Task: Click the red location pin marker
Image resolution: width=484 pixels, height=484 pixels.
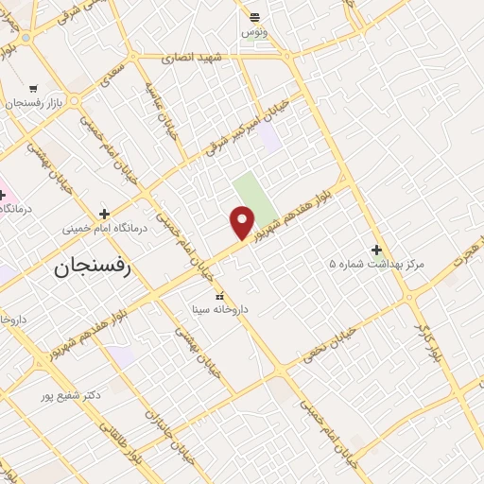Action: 243,223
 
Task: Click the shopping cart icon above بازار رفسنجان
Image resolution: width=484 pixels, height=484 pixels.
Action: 34,88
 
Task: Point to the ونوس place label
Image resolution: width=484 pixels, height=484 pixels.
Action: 254,31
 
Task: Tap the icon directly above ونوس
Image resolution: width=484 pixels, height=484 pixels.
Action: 254,16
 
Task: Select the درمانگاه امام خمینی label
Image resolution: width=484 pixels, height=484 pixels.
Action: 103,229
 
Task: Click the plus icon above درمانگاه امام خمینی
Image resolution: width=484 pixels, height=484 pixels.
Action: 104,214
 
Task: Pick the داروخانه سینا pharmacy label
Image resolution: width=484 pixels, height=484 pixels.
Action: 219,309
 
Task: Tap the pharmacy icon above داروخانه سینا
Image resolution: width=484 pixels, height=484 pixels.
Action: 220,296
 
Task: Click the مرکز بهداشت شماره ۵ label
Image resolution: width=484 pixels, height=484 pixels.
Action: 377,265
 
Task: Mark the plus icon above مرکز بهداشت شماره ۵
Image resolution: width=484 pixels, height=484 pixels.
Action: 377,250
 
